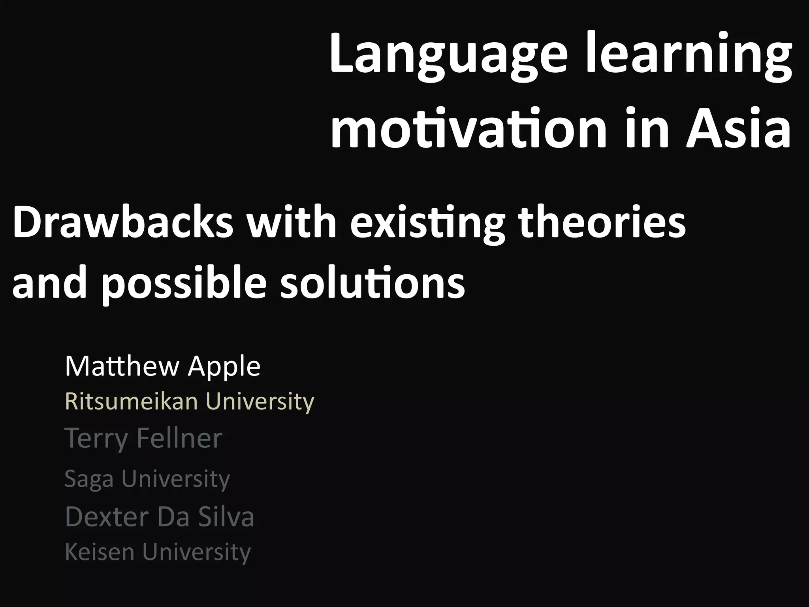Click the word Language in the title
pyautogui.click(x=450, y=55)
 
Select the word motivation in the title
pyautogui.click(x=468, y=128)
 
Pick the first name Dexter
pyautogui.click(x=107, y=517)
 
